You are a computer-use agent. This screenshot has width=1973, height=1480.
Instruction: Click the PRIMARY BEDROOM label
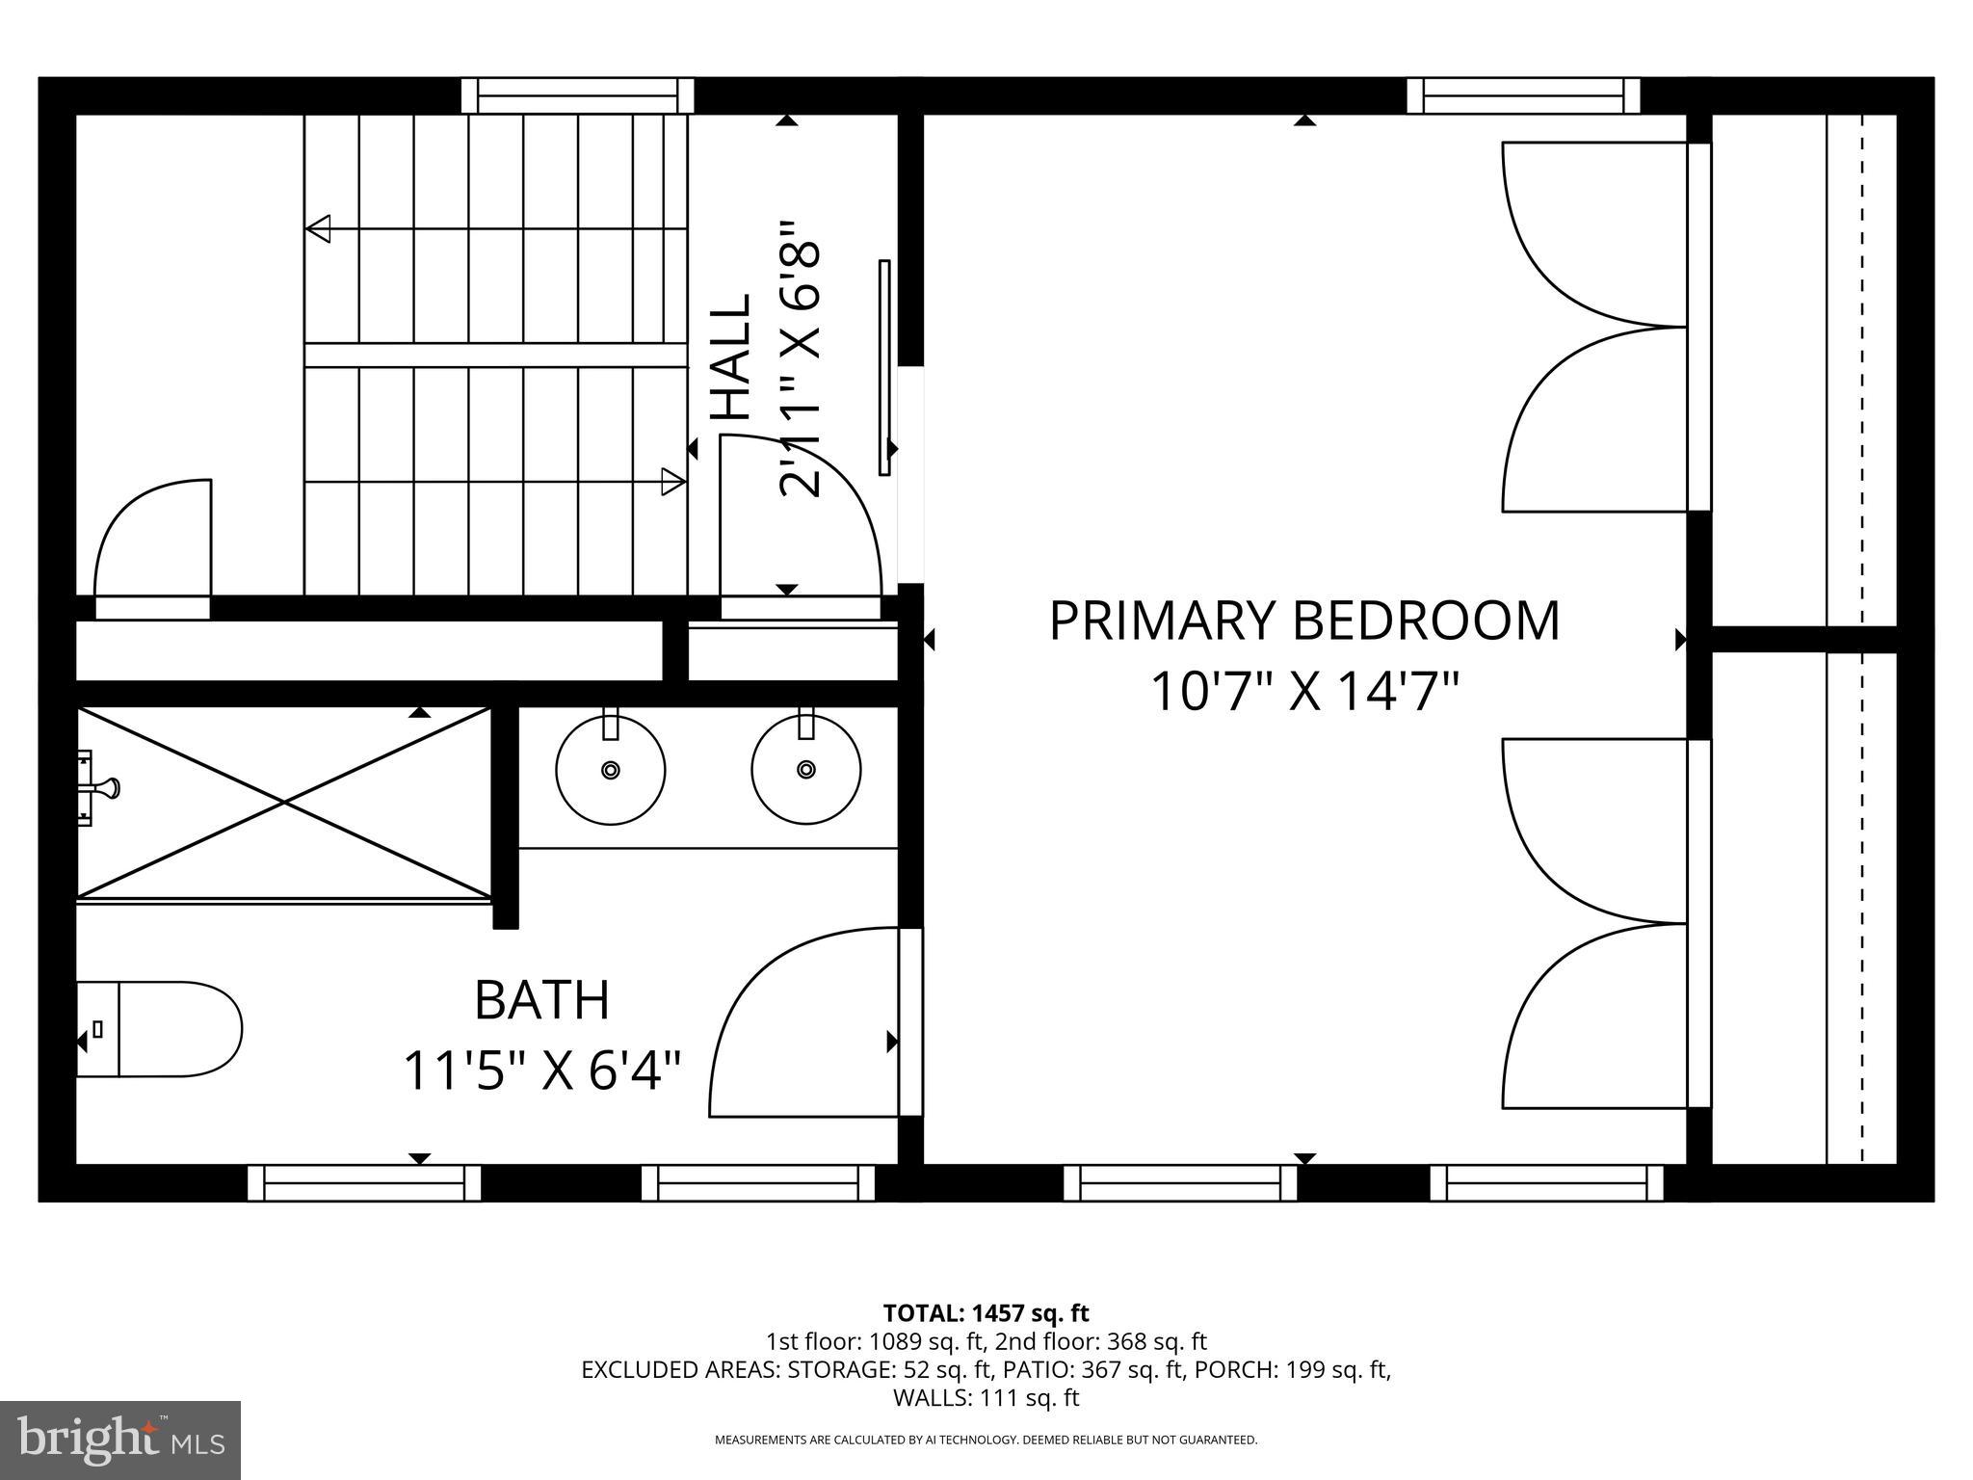click(1303, 621)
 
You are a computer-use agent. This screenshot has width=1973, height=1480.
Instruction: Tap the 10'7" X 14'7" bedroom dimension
click(1303, 692)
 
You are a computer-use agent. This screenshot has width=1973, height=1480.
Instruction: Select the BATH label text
click(542, 1000)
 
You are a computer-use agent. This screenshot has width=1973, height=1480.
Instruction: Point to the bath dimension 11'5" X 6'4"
click(542, 1070)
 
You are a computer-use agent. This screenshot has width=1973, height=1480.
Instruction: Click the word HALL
click(731, 357)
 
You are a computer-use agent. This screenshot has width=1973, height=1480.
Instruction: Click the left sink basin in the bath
click(610, 770)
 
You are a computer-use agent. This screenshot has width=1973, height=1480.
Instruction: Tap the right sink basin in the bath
click(806, 769)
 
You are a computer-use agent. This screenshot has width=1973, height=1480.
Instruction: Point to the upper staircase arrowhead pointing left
click(318, 229)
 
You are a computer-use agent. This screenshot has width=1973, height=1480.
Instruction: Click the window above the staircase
click(577, 96)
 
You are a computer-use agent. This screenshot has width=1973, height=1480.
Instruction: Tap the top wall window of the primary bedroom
click(1523, 96)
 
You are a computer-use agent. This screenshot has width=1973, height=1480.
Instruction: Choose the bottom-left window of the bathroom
click(364, 1182)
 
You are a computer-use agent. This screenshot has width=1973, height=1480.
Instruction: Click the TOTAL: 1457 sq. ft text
click(986, 1312)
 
